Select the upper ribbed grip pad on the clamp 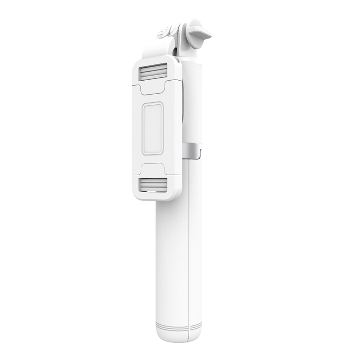(x=154, y=72)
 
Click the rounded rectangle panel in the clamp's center (x=152, y=128)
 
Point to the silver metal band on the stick (x=192, y=150)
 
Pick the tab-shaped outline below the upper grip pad (x=153, y=88)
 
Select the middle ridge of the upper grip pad (x=154, y=72)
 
